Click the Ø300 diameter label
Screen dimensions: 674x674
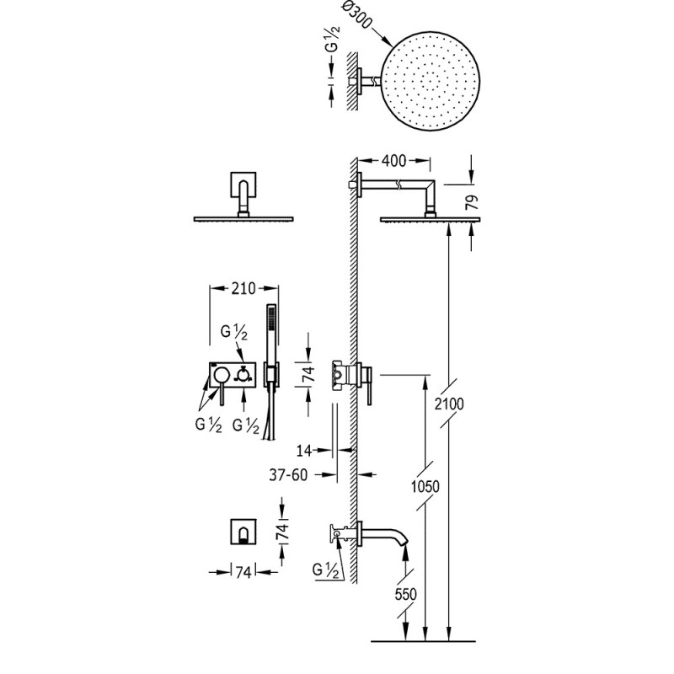click(356, 15)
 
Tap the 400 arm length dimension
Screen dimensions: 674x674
click(393, 160)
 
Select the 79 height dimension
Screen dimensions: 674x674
click(472, 201)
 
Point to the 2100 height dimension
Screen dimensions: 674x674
click(449, 404)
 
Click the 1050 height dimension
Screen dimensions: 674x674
click(425, 487)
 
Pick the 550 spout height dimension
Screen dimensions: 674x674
click(406, 594)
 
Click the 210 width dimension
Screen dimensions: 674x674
click(243, 288)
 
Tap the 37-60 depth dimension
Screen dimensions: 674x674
click(288, 475)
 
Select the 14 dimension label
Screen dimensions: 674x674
click(304, 451)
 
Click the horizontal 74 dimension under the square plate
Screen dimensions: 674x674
click(243, 572)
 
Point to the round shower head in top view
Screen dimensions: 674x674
click(431, 82)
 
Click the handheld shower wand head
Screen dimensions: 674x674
click(271, 326)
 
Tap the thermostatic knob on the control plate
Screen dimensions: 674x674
click(243, 375)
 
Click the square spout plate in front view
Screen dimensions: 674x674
click(243, 532)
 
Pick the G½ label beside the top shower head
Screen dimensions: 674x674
click(332, 39)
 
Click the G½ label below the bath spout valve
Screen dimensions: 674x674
click(325, 570)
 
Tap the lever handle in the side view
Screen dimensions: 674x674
click(369, 385)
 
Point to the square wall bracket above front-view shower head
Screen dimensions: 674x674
click(243, 185)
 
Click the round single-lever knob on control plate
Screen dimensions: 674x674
click(222, 375)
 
